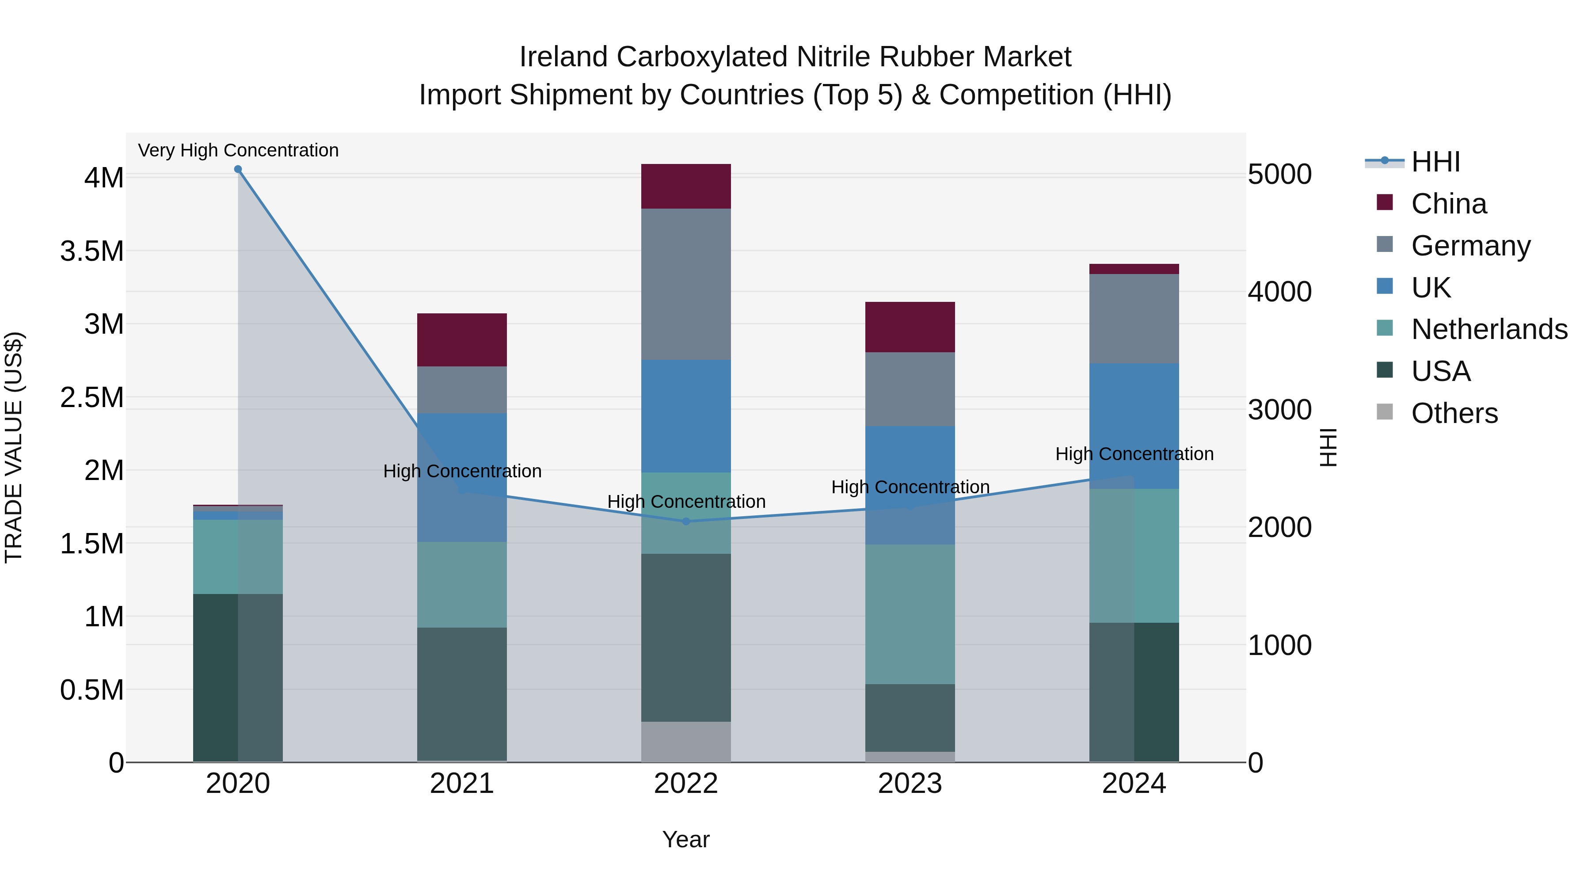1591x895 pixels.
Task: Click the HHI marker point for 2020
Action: point(238,169)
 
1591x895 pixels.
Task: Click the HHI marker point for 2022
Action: point(685,522)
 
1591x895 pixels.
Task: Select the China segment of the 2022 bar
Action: point(685,186)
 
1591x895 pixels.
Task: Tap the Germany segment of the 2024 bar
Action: point(1134,318)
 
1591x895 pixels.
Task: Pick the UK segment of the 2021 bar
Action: point(462,477)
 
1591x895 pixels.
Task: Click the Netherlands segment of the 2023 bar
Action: point(910,614)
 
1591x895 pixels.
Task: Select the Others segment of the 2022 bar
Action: point(685,741)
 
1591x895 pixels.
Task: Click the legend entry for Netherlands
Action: point(1489,329)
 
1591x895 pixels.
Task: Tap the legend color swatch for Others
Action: point(1385,412)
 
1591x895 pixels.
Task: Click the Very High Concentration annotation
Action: point(238,150)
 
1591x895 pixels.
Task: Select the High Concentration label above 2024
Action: point(1134,454)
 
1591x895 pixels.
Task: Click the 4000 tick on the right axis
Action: point(1280,292)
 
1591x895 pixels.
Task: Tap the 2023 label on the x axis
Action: point(910,784)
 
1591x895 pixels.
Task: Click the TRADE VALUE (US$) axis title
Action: point(14,447)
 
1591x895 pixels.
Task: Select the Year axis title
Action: point(685,839)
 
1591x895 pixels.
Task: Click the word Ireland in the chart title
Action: point(563,57)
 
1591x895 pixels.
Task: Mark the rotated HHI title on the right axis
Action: point(1328,447)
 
